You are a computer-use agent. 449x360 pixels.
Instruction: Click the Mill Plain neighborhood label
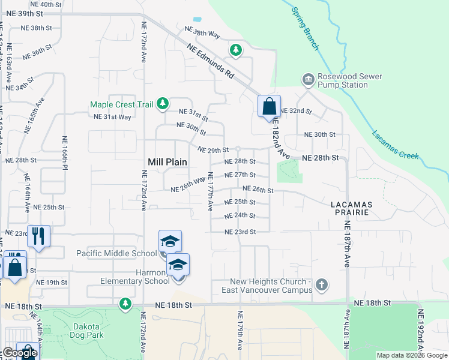[x=167, y=162]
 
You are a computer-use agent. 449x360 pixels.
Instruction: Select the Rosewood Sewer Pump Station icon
[x=308, y=79]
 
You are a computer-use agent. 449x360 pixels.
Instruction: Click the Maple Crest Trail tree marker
[x=162, y=104]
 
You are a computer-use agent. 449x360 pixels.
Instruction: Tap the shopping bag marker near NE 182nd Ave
[x=269, y=106]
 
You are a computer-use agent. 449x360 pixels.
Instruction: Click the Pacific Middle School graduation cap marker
[x=170, y=241]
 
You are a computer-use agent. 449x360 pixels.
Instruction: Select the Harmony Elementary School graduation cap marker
[x=178, y=264]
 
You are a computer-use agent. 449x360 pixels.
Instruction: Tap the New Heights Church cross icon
[x=322, y=284]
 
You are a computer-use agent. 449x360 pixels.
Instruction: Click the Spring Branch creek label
[x=304, y=29]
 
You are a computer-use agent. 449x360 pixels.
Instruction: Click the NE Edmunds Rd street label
[x=210, y=61]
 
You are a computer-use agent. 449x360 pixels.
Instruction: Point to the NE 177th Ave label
[x=211, y=191]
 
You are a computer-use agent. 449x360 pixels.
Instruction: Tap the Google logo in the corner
[x=20, y=353]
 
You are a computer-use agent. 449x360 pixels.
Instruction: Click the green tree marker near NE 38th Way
[x=236, y=50]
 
